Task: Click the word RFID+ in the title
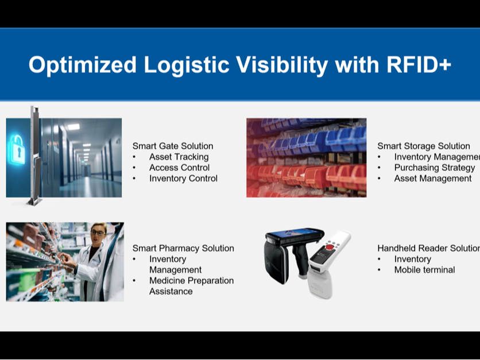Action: coord(419,64)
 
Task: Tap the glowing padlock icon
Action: coord(17,149)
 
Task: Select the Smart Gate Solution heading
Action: coord(173,146)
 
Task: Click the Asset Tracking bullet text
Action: coord(179,157)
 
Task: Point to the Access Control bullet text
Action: coord(179,168)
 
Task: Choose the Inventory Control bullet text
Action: coord(183,178)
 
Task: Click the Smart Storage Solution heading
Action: coord(424,146)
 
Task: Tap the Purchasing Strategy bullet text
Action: coord(435,168)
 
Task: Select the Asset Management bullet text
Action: coord(433,179)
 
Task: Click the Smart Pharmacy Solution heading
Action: coord(183,248)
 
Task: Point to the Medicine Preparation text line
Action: coord(191,281)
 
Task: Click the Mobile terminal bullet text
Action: coord(424,270)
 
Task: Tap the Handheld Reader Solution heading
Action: coord(428,248)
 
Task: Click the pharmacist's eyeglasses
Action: coord(98,233)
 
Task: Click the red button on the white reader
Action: coord(330,247)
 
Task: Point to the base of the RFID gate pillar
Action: coord(34,202)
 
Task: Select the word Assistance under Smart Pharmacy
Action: coord(171,291)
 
